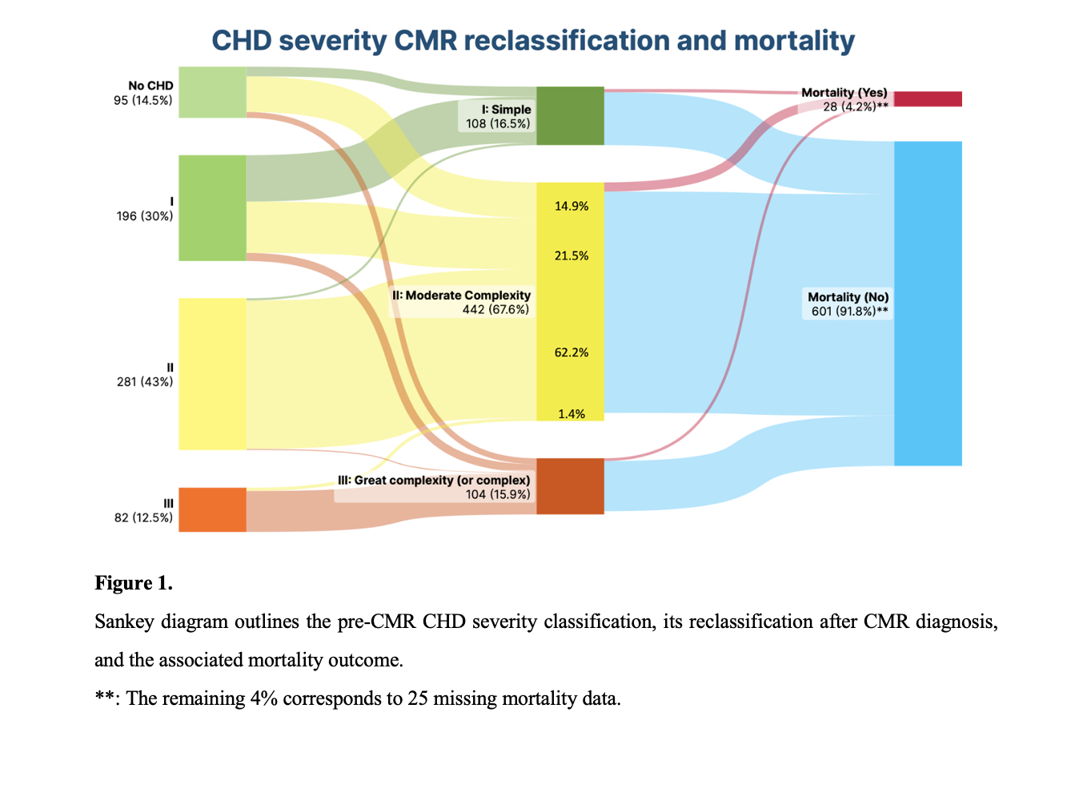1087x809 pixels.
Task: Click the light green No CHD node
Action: point(212,92)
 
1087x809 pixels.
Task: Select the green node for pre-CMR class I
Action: point(212,207)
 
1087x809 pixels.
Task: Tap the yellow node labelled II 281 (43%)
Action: point(212,373)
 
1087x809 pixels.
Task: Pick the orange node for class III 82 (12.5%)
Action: point(212,509)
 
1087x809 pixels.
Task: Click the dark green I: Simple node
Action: point(570,115)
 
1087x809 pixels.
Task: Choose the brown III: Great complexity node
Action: point(570,485)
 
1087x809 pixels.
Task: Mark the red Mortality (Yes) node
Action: point(928,99)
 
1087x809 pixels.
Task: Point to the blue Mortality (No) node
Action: point(928,303)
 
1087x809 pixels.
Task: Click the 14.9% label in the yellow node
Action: point(572,206)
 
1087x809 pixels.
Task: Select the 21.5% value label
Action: point(572,256)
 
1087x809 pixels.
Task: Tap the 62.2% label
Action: point(572,352)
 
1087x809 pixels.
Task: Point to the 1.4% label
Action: point(572,414)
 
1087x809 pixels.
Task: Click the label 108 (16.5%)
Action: point(498,123)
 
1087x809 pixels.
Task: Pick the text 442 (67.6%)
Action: point(495,309)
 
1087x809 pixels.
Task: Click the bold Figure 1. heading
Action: point(134,583)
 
